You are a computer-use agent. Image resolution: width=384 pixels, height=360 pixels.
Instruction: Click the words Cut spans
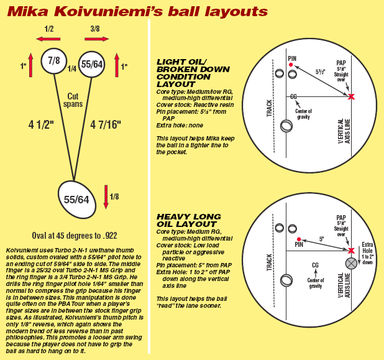[73, 101]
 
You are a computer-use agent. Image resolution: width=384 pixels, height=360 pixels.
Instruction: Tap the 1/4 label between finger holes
[71, 68]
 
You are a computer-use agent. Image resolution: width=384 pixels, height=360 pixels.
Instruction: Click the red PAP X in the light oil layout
[351, 97]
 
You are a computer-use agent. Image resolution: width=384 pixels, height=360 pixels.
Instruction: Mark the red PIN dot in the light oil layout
[291, 65]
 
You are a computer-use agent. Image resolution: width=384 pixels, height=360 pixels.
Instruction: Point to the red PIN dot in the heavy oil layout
[299, 239]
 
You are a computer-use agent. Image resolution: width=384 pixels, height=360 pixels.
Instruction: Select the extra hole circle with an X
[351, 262]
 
